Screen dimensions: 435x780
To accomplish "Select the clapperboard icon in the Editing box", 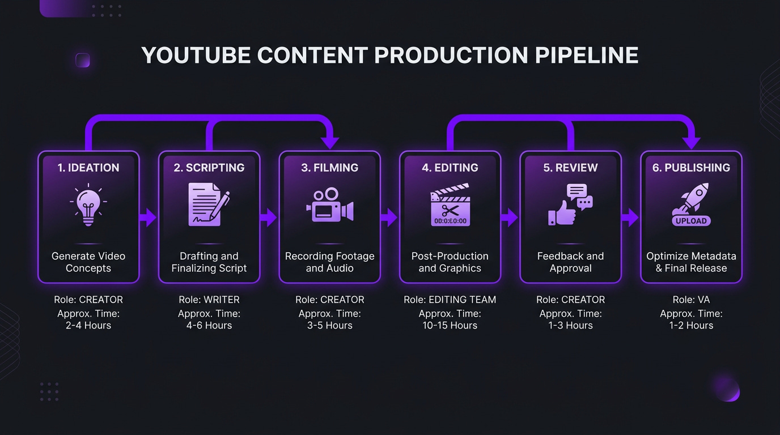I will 450,205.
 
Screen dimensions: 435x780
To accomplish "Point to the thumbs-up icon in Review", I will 561,213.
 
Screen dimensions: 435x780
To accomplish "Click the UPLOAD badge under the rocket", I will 691,221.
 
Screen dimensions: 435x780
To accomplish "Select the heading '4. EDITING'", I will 450,168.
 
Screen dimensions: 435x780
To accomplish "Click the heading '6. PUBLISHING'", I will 691,168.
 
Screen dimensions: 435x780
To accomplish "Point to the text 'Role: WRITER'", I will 209,300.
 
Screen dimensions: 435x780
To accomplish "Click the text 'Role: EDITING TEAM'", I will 450,300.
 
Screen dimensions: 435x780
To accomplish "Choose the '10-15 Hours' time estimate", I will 450,325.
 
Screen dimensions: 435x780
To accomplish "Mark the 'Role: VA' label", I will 691,300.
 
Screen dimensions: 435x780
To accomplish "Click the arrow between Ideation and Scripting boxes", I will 148,217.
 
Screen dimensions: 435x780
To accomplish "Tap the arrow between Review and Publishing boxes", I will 630,217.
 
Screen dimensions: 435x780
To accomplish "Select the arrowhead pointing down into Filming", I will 329,142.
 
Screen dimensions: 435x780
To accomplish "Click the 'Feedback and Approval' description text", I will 570,262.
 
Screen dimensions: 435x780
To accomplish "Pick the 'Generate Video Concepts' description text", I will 88,262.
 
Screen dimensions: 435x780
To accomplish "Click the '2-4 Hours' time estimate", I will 88,325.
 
